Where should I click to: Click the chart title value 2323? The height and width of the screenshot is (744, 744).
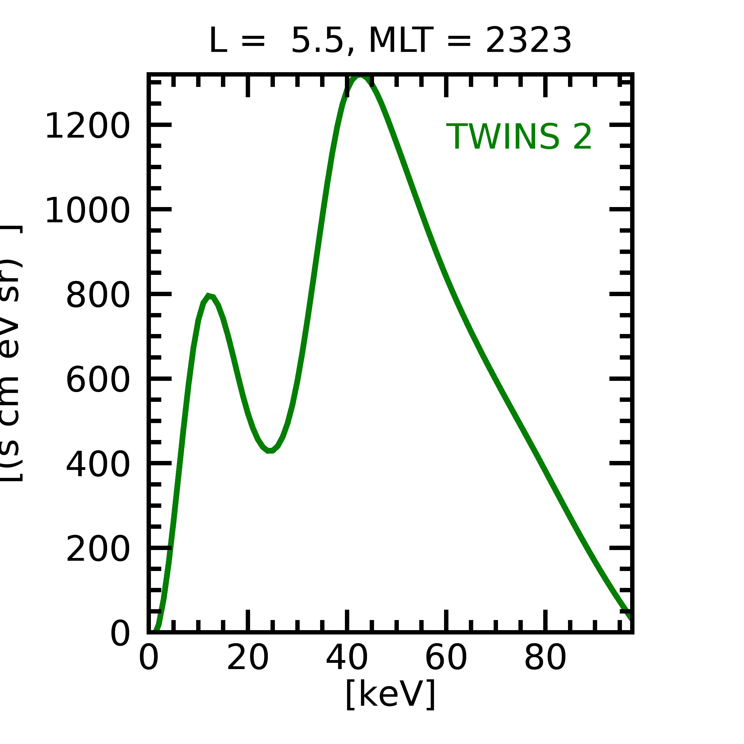tap(528, 41)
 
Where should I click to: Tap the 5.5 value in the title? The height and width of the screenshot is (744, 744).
tap(317, 41)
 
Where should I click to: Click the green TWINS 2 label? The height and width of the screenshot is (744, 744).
tap(518, 137)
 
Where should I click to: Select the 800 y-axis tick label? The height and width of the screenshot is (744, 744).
tap(98, 295)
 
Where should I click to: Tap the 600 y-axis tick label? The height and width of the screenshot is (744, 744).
tap(98, 380)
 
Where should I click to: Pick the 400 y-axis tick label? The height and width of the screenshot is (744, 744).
tap(98, 465)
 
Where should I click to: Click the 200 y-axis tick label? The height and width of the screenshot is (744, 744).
tap(98, 549)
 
